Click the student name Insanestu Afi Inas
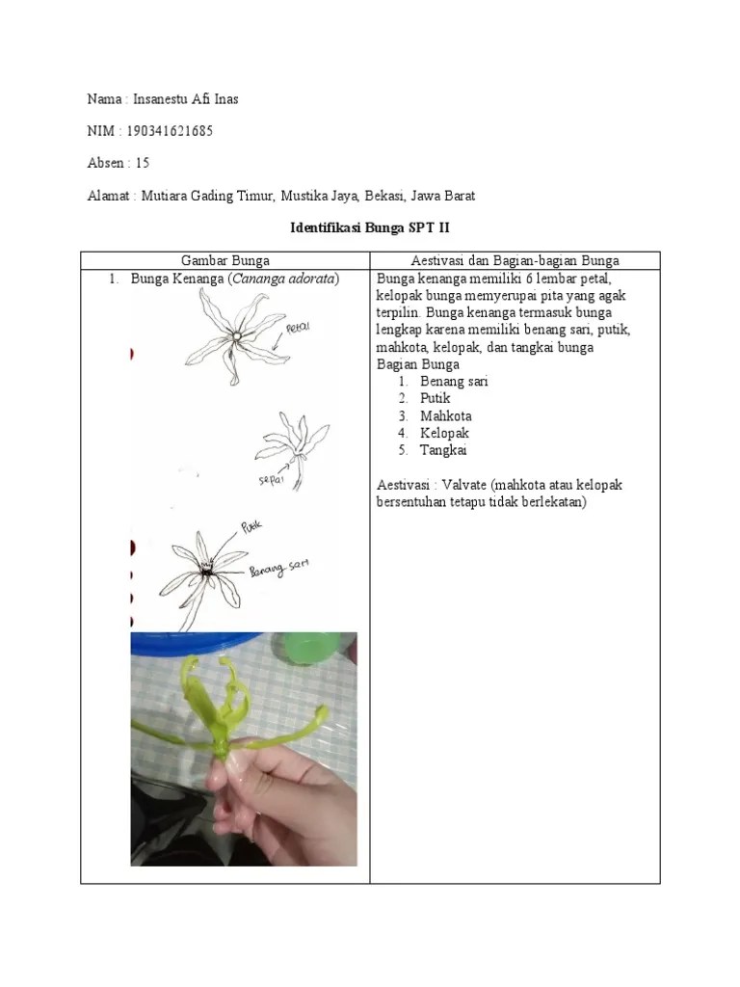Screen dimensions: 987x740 (x=198, y=99)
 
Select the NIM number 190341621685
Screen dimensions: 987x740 (x=170, y=131)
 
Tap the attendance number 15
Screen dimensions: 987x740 (x=143, y=163)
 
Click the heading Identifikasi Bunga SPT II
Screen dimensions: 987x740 (x=370, y=228)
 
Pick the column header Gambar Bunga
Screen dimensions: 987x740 (x=225, y=260)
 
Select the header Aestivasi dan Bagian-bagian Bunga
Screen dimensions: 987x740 (x=515, y=260)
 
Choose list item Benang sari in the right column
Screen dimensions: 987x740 (x=454, y=381)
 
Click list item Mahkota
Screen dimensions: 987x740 (x=445, y=415)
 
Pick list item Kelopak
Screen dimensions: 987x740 (x=444, y=433)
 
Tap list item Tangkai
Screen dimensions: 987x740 (x=443, y=450)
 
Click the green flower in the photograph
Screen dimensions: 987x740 (x=224, y=713)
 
